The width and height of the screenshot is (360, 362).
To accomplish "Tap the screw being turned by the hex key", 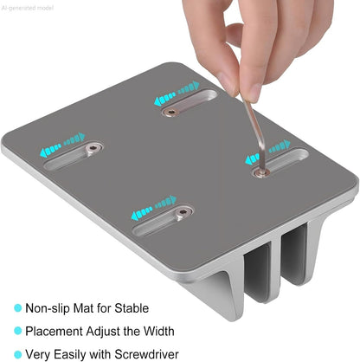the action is [261, 172].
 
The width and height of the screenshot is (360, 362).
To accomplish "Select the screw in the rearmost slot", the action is [171, 112].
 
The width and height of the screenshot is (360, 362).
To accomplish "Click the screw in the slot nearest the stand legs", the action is [183, 213].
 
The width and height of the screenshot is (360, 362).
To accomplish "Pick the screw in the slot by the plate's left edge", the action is [93, 148].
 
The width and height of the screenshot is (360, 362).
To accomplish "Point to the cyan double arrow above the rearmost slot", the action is [177, 93].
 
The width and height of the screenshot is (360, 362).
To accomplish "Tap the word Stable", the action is [132, 308].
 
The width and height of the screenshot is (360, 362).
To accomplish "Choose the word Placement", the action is [54, 331].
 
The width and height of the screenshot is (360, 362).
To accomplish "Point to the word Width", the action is [159, 331].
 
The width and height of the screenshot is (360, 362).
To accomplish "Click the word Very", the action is [38, 354].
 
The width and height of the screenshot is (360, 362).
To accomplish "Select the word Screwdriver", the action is [146, 354].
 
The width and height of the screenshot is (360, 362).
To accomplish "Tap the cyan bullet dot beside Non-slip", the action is [18, 307].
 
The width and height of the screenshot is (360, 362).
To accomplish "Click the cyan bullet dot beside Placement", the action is [18, 331].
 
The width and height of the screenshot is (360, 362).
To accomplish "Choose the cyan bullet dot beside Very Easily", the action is [18, 354].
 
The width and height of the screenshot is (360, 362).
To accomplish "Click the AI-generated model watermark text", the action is [28, 8].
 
